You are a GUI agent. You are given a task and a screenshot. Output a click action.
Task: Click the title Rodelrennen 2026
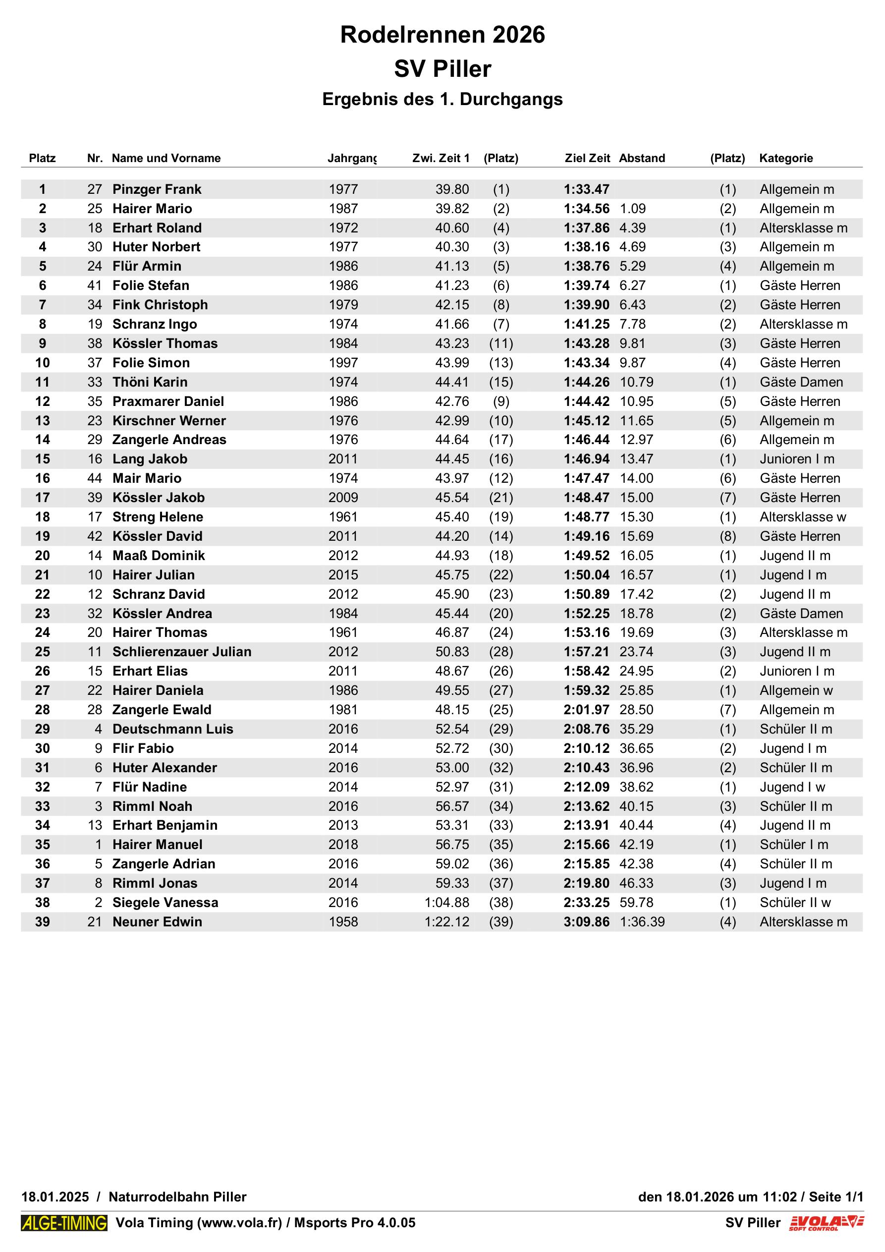point(442,35)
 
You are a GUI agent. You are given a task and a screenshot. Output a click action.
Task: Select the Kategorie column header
point(786,158)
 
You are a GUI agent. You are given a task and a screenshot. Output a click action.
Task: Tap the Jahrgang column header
point(352,158)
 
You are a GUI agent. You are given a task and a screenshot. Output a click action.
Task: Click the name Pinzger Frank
point(157,189)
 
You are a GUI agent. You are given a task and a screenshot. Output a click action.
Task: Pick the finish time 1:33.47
point(586,189)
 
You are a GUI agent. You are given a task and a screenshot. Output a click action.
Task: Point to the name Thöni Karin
point(150,382)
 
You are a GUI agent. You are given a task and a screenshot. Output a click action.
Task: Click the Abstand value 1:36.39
point(642,921)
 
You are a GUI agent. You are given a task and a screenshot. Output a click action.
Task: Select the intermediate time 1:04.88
point(446,903)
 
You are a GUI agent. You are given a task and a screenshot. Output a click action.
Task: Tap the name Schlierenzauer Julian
point(181,652)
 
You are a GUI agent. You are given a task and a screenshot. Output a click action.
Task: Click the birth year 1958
point(343,921)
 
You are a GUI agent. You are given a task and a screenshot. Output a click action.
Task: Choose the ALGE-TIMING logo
point(64,1223)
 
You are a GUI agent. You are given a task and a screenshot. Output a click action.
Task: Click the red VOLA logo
point(826,1223)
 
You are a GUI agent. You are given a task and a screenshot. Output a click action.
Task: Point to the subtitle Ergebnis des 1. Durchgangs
point(442,99)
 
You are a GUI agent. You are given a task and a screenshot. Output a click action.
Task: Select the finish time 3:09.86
point(586,921)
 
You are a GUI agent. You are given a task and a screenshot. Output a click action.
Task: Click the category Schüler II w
point(795,903)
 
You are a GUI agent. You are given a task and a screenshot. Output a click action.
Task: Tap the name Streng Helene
point(158,516)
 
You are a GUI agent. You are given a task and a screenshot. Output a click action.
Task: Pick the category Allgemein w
point(796,690)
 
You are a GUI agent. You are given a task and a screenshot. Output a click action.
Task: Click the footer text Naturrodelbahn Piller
point(177,1197)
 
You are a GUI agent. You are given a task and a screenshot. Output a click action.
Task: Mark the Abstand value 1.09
point(633,209)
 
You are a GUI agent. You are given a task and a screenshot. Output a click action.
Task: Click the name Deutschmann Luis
point(172,729)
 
